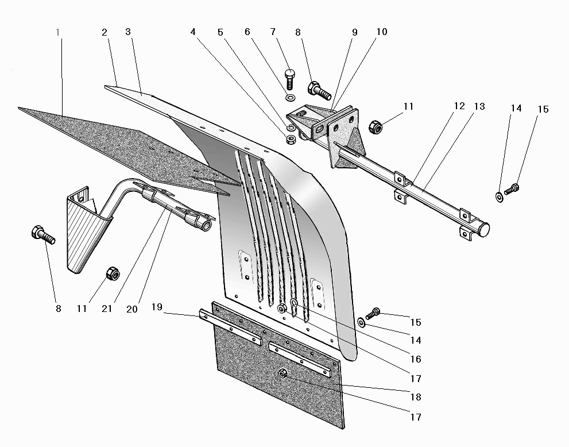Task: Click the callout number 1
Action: pyautogui.click(x=58, y=32)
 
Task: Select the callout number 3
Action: pyautogui.click(x=128, y=32)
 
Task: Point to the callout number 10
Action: pyautogui.click(x=382, y=32)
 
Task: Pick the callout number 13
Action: pyautogui.click(x=479, y=107)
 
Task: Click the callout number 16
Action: pyautogui.click(x=416, y=360)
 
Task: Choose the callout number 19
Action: pyautogui.click(x=157, y=307)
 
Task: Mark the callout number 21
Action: pyautogui.click(x=107, y=309)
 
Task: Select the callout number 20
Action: pyautogui.click(x=132, y=309)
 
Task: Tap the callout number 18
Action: pyautogui.click(x=416, y=398)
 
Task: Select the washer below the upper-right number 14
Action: pyautogui.click(x=498, y=197)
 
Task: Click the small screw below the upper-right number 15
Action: pyautogui.click(x=512, y=188)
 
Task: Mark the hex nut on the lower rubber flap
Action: pyautogui.click(x=282, y=374)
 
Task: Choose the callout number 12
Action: pyautogui.click(x=459, y=107)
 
